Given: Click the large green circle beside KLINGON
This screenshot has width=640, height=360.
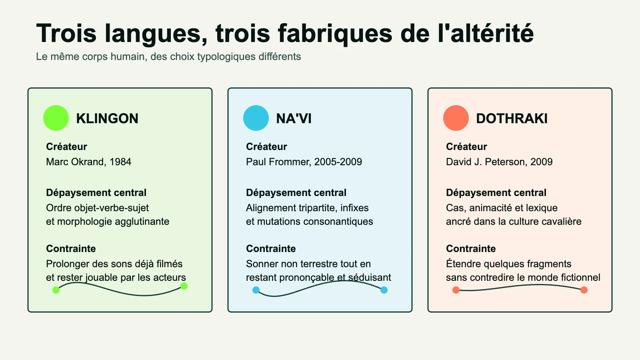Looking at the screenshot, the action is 56,118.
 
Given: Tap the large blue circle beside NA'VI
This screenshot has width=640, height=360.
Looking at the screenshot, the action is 256,118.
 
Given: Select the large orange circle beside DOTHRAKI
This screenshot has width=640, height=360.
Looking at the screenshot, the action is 456,118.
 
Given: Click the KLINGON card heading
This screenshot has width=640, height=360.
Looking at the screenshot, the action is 107,118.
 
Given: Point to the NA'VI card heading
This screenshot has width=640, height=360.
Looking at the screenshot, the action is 294,118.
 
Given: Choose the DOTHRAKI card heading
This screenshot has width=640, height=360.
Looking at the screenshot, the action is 512,118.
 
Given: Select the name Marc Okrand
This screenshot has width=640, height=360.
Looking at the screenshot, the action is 74,162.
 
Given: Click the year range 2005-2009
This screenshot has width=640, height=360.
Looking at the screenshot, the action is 338,162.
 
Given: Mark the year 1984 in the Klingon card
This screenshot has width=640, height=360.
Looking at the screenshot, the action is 120,162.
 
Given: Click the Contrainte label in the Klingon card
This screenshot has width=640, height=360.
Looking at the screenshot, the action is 71,248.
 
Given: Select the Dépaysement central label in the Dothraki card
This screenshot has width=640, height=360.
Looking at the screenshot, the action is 496,193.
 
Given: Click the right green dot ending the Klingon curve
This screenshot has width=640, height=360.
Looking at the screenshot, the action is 184,286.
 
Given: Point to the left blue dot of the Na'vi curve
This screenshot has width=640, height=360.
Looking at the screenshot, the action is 256,290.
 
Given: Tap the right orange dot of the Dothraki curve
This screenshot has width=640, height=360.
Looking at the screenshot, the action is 584,290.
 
